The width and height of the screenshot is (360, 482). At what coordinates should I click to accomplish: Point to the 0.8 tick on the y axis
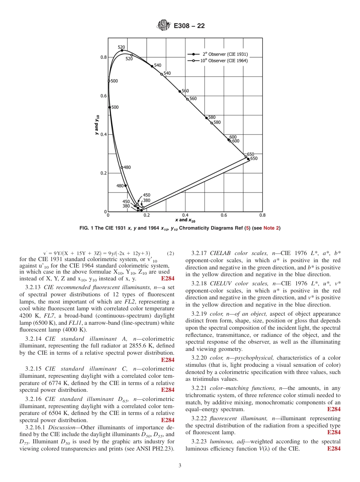tap(103, 57)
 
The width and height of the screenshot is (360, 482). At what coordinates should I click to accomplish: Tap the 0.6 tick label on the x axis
tap(224, 215)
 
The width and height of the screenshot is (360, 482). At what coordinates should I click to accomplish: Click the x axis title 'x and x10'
tap(185, 220)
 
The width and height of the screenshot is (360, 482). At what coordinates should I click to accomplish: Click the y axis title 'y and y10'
tap(97, 125)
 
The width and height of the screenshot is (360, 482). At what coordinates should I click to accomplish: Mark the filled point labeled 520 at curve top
tap(122, 50)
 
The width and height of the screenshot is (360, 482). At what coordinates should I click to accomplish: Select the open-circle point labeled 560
tap(187, 99)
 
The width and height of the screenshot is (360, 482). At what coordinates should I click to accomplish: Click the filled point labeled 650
tap(248, 159)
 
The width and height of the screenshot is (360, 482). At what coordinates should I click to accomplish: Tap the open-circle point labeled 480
tap(122, 167)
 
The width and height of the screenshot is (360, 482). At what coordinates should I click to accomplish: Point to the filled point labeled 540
tap(152, 66)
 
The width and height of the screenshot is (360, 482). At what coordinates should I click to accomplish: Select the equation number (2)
tap(170, 253)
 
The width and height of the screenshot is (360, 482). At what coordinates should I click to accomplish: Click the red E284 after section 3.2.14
tap(167, 360)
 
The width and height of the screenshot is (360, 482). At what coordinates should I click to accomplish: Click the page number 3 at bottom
tap(180, 466)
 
